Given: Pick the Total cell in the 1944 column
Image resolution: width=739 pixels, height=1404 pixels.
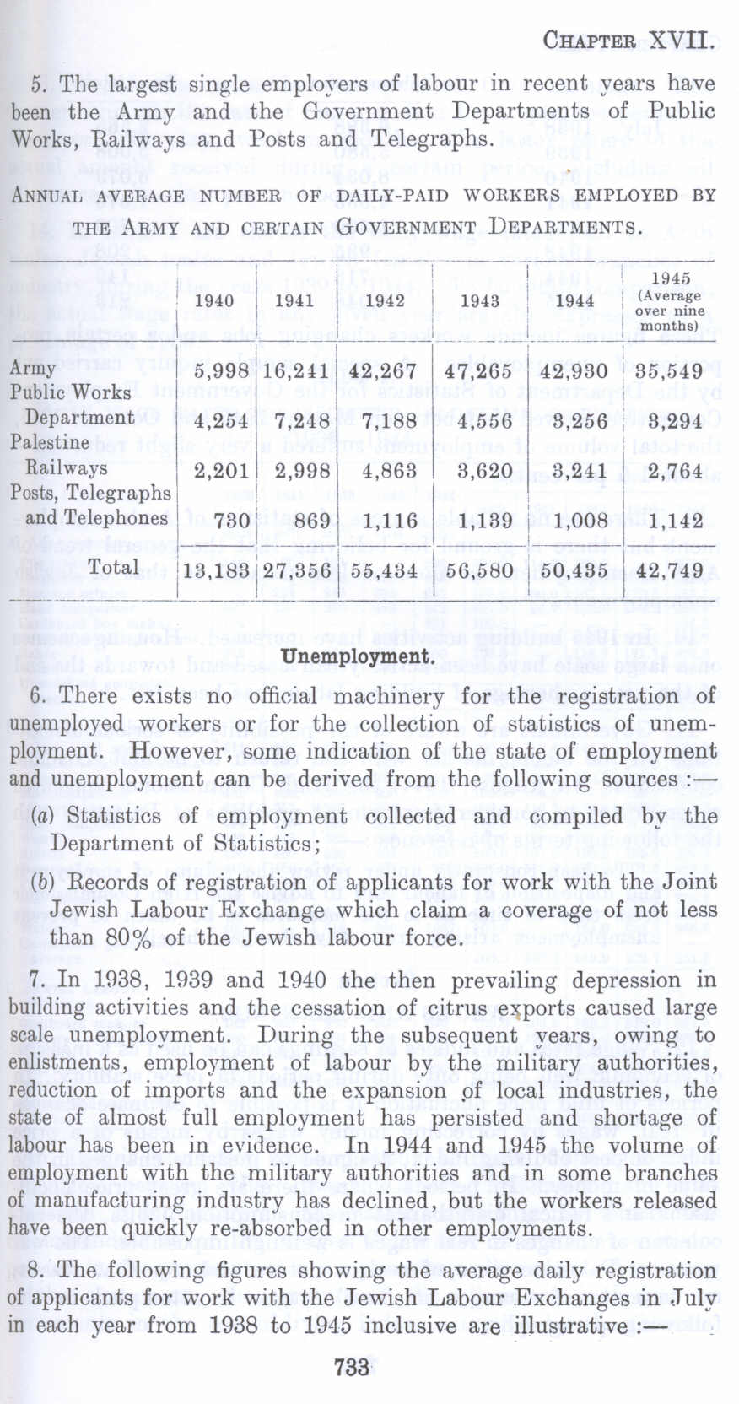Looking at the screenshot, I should (x=576, y=570).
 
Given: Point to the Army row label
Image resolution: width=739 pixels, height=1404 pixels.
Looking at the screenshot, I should (x=32, y=369).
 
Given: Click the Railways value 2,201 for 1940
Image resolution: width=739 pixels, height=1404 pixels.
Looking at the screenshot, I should (x=221, y=472).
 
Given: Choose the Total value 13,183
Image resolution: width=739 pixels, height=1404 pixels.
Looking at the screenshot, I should (x=216, y=570).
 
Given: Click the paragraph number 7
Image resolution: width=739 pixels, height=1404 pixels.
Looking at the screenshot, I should (x=39, y=980).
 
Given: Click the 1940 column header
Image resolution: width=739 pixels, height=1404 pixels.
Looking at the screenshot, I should (x=214, y=301).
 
